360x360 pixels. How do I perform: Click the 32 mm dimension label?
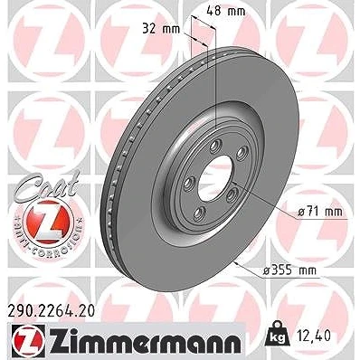[x=161, y=29]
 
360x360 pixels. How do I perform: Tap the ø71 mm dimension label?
[x=320, y=212]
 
